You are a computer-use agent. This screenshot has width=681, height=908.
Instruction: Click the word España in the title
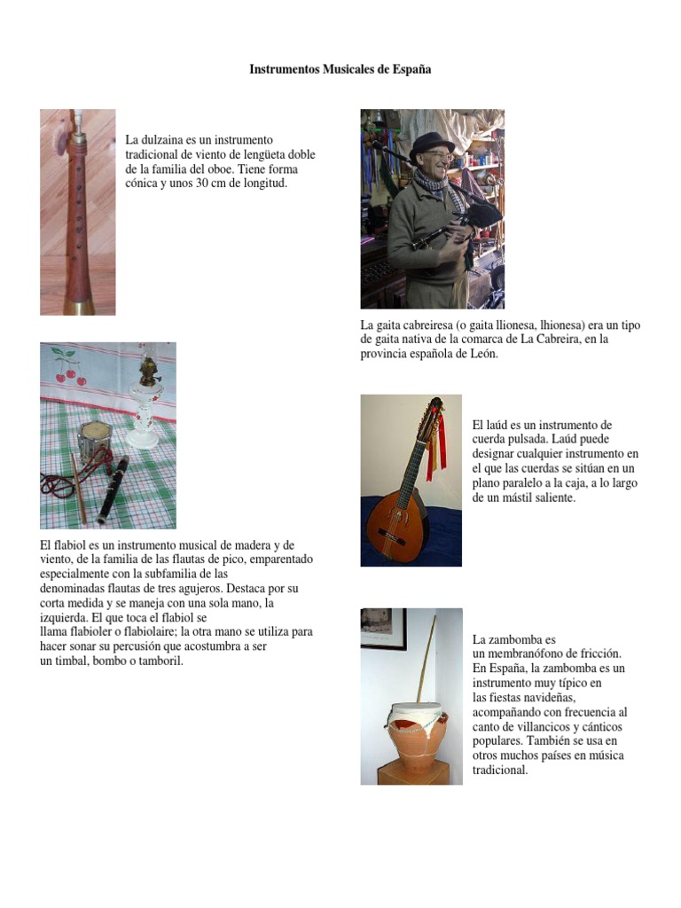[x=411, y=68]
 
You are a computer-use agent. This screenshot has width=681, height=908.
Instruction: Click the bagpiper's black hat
[x=431, y=143]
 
